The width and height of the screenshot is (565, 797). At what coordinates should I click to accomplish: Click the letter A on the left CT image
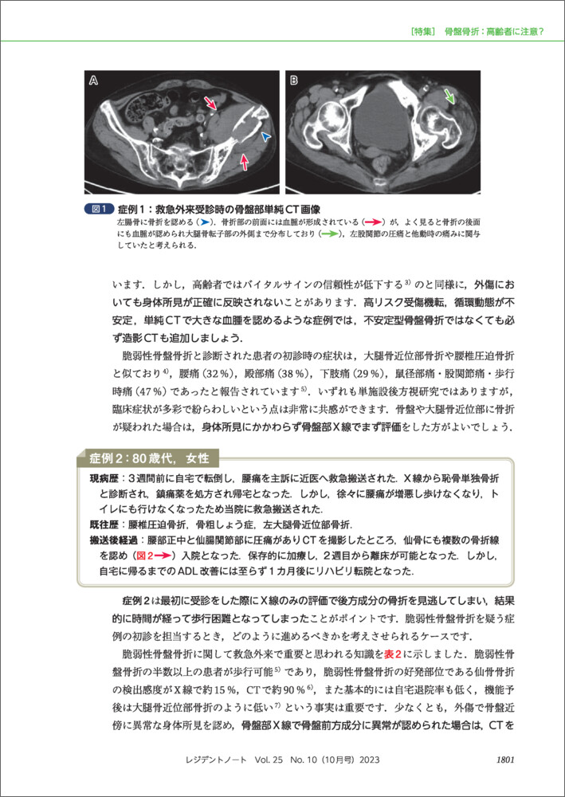coord(95,80)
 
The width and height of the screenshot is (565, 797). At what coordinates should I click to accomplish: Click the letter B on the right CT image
coord(293,80)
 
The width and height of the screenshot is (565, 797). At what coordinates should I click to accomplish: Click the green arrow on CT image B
coord(452,97)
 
